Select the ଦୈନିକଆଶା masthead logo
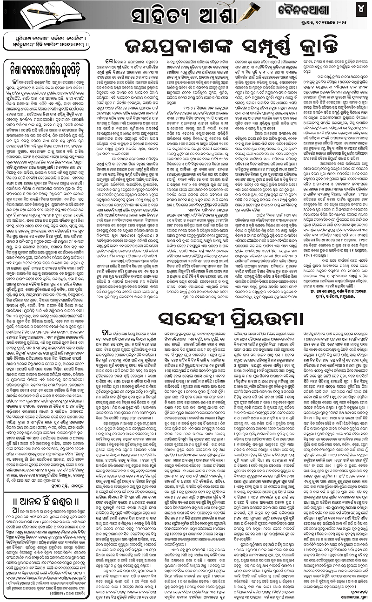pyautogui.click(x=307, y=8)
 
